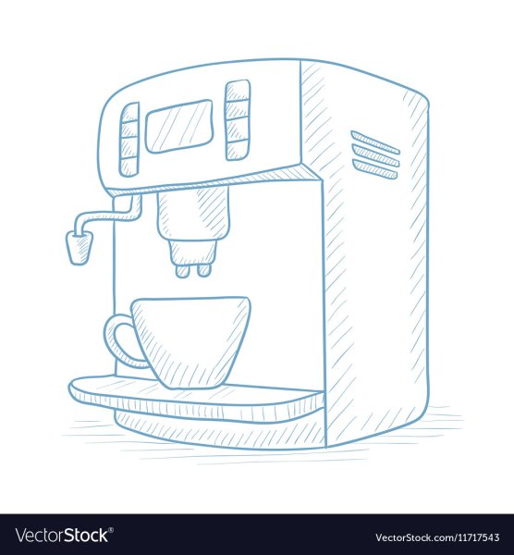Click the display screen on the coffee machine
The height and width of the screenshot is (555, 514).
point(179,127)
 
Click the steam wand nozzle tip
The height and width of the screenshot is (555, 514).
point(80,247)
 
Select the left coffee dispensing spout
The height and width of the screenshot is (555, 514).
point(181,270)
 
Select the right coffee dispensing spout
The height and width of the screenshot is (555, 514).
point(203,270)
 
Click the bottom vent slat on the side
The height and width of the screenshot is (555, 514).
point(374,168)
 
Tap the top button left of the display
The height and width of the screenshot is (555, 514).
point(129,113)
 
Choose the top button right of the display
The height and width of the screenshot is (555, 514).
point(238,91)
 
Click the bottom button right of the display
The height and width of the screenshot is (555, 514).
point(238,150)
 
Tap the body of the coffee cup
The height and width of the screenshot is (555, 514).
point(191,342)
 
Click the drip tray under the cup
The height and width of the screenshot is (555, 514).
point(196,397)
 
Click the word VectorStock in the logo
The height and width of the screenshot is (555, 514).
point(61,536)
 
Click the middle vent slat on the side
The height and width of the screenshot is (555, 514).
point(375,155)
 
